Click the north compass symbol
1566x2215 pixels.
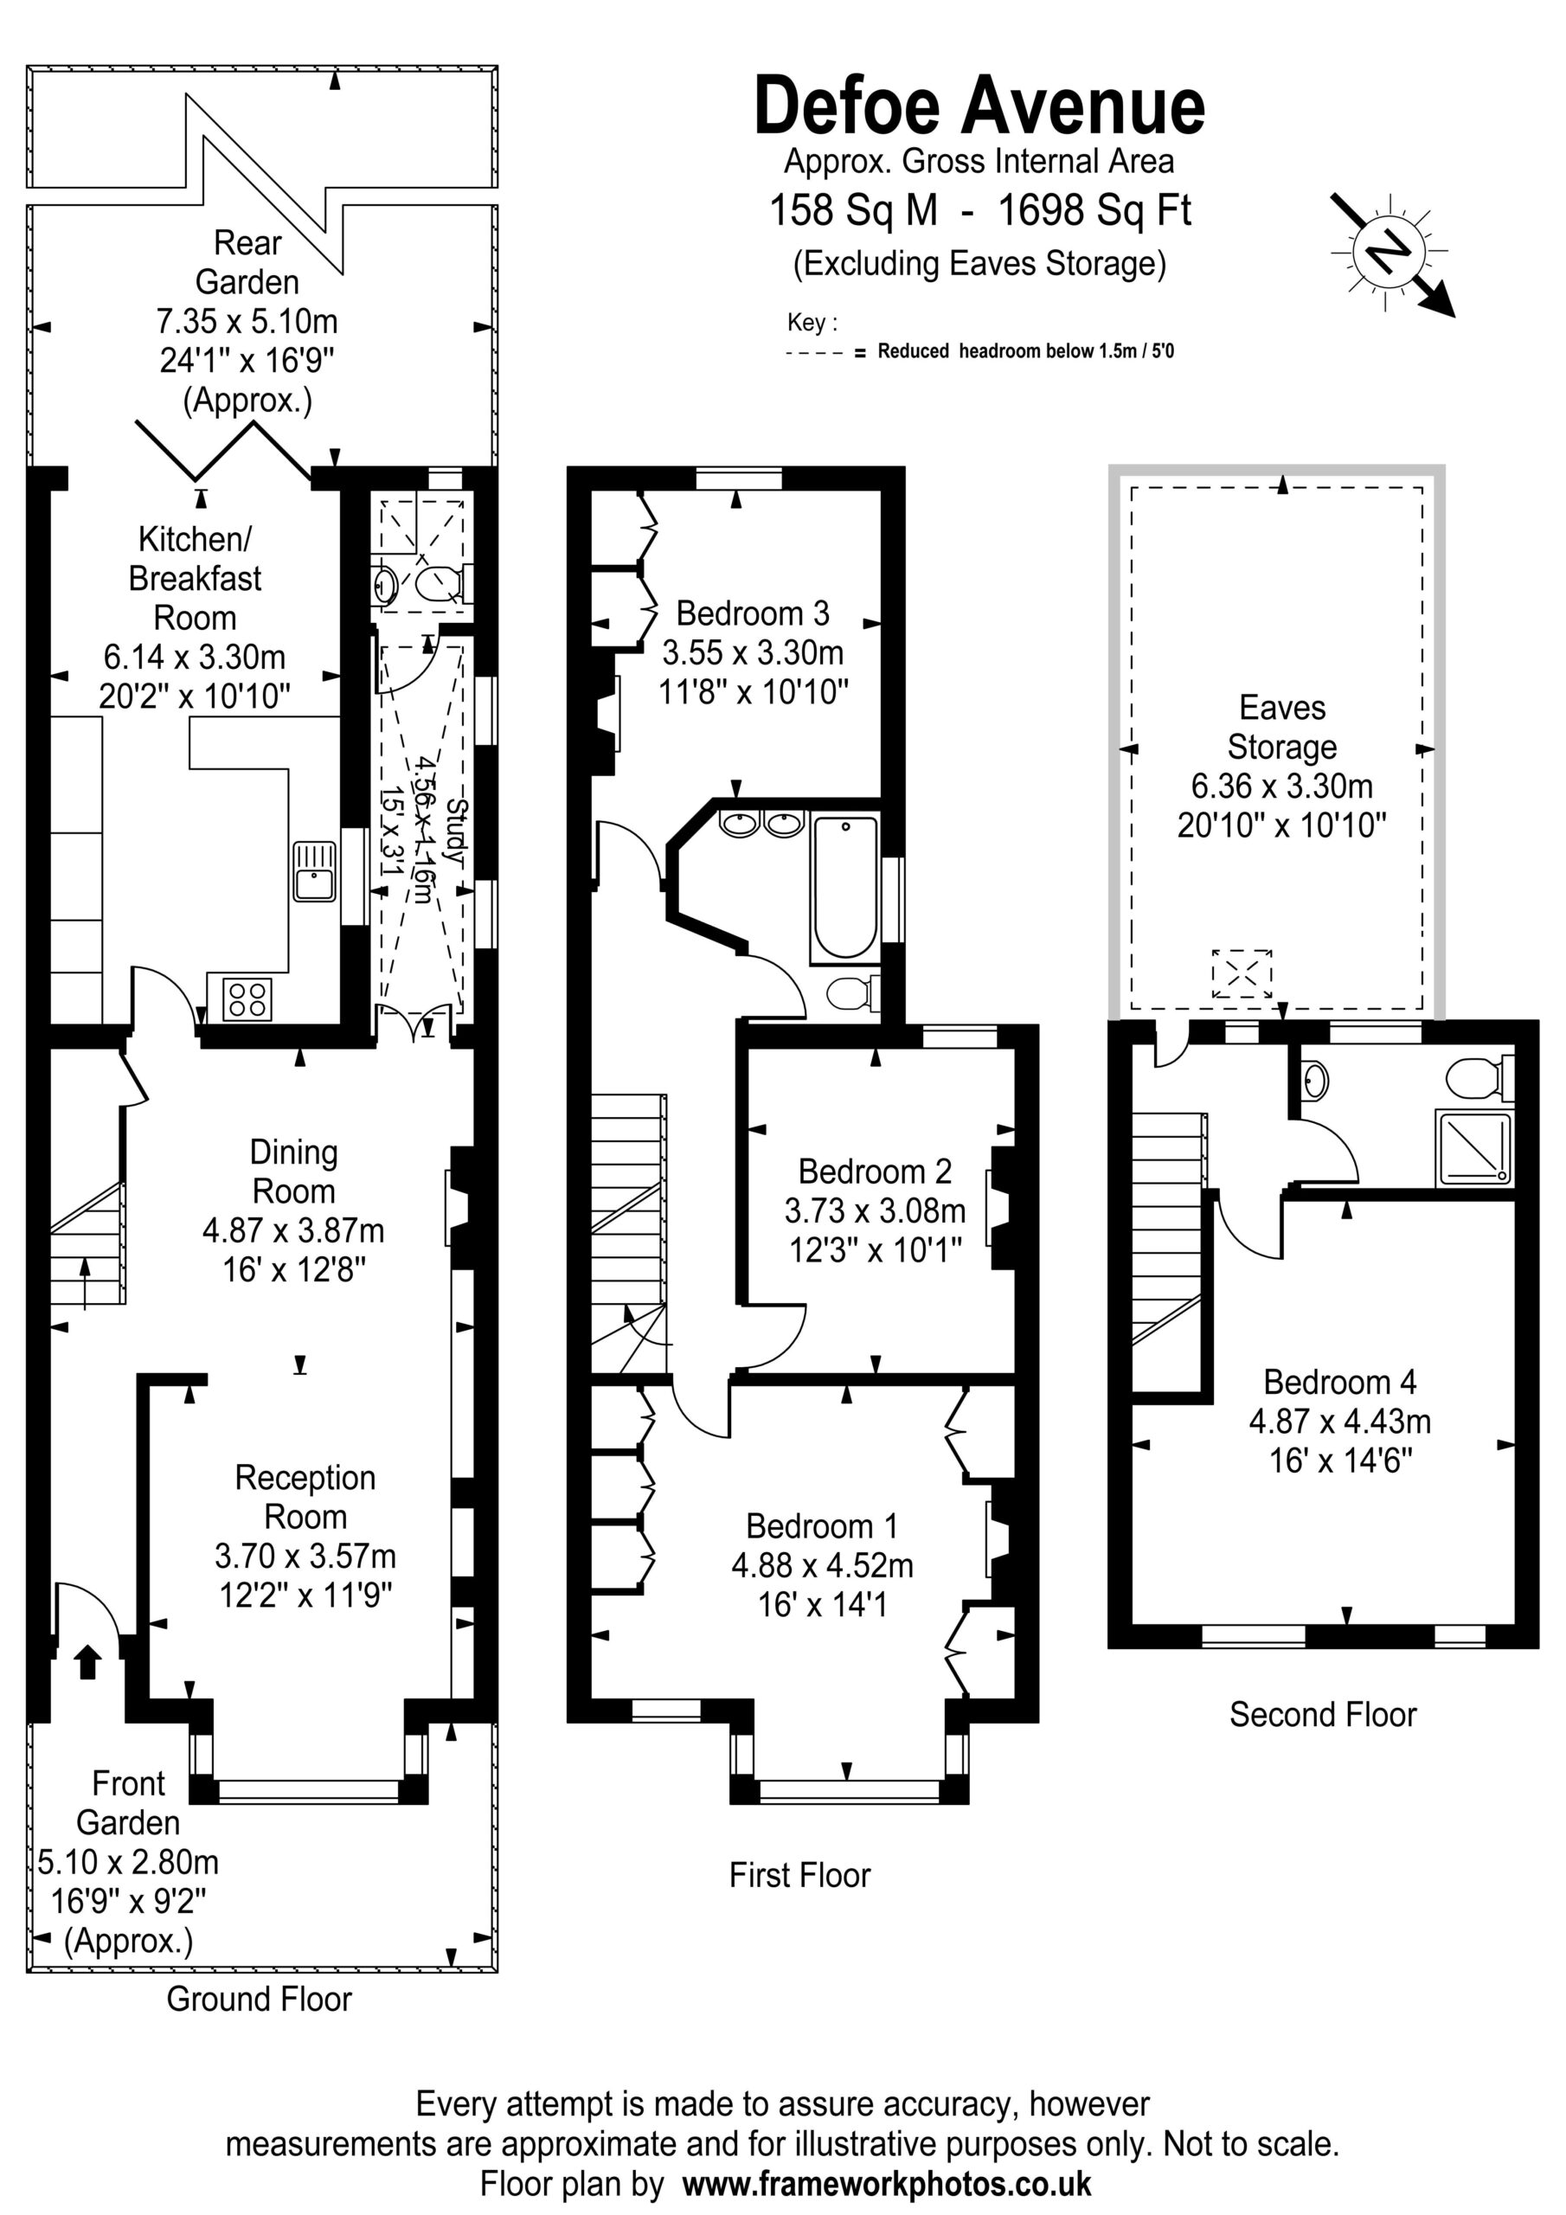pyautogui.click(x=1391, y=253)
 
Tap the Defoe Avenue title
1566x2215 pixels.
pyautogui.click(x=979, y=106)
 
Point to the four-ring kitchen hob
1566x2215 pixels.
pyautogui.click(x=247, y=998)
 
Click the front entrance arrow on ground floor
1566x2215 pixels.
pyautogui.click(x=87, y=1661)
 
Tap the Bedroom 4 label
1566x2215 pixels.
pyautogui.click(x=1340, y=1382)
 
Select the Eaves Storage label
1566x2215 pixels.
pyautogui.click(x=1282, y=728)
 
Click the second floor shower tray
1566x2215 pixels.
pyautogui.click(x=1474, y=1148)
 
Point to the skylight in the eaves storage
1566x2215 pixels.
pyautogui.click(x=1242, y=973)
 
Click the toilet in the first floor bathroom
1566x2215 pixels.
pyautogui.click(x=853, y=993)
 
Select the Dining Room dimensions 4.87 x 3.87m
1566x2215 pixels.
pyautogui.click(x=293, y=1230)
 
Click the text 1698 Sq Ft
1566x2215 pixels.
pyautogui.click(x=1095, y=209)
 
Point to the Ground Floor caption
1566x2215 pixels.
pyautogui.click(x=260, y=1998)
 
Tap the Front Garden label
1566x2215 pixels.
pyautogui.click(x=128, y=1802)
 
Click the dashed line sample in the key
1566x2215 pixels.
pyautogui.click(x=816, y=353)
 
